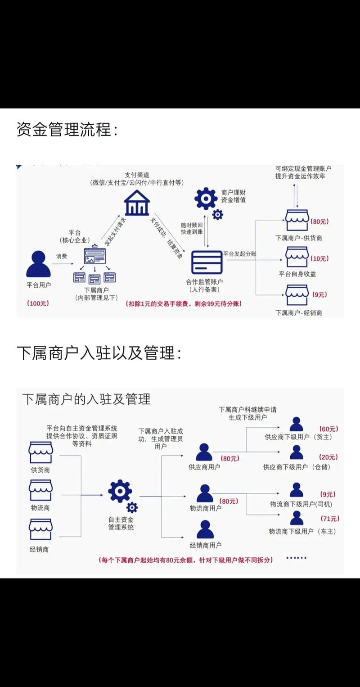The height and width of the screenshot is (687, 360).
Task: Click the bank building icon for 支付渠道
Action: click(x=137, y=203)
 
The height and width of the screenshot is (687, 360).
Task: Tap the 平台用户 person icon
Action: click(x=38, y=264)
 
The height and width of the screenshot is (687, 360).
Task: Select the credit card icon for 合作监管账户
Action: click(x=207, y=262)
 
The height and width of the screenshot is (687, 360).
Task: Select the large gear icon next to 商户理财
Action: click(x=206, y=198)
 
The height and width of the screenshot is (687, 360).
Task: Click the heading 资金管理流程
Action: click(x=67, y=130)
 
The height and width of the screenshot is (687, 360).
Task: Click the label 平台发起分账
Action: click(x=239, y=254)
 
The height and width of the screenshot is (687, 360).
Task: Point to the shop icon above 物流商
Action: click(x=40, y=490)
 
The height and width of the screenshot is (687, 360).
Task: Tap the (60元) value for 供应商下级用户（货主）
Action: click(x=328, y=429)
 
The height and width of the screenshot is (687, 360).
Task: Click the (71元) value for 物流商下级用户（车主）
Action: click(x=329, y=519)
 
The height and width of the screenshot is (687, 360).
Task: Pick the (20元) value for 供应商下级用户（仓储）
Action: click(x=328, y=457)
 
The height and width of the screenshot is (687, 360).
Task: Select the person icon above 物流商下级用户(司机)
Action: click(x=296, y=490)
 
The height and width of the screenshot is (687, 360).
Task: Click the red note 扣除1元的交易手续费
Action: click(x=184, y=304)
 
